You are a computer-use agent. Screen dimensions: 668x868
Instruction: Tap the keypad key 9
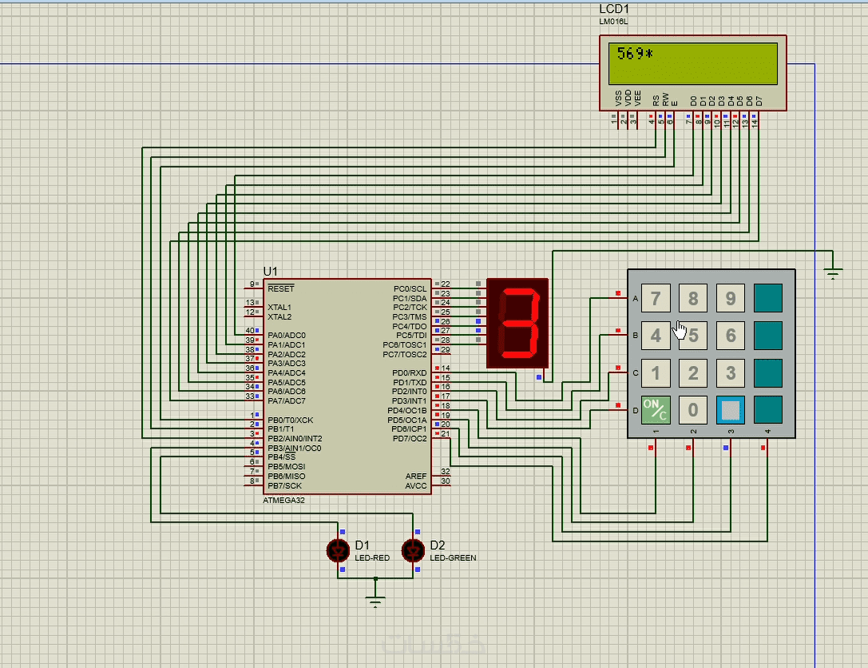point(730,298)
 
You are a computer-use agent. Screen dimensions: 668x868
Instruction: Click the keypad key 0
point(693,411)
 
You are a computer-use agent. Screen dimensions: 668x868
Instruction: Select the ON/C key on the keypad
point(656,410)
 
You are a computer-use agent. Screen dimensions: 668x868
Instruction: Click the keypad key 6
point(730,336)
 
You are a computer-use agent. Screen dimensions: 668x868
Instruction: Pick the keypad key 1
point(656,373)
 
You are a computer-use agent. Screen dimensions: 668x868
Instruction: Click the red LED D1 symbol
point(339,550)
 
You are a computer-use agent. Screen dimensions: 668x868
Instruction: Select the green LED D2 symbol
point(413,550)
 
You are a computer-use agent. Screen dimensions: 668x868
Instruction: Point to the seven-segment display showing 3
point(517,323)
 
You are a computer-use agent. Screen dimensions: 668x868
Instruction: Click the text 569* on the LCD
point(635,54)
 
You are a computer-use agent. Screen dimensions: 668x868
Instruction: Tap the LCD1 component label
point(615,9)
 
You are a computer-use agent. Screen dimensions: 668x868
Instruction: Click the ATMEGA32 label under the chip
point(283,500)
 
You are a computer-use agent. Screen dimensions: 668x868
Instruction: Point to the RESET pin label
point(281,288)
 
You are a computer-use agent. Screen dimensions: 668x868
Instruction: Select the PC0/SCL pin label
point(410,288)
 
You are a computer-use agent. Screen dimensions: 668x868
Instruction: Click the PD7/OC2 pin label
point(410,439)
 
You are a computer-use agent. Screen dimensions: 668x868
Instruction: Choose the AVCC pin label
point(416,486)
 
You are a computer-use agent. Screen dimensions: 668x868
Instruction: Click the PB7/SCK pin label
point(284,486)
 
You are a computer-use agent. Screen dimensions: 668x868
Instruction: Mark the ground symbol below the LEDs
point(376,601)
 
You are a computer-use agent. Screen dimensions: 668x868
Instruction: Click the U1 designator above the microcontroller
point(271,272)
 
